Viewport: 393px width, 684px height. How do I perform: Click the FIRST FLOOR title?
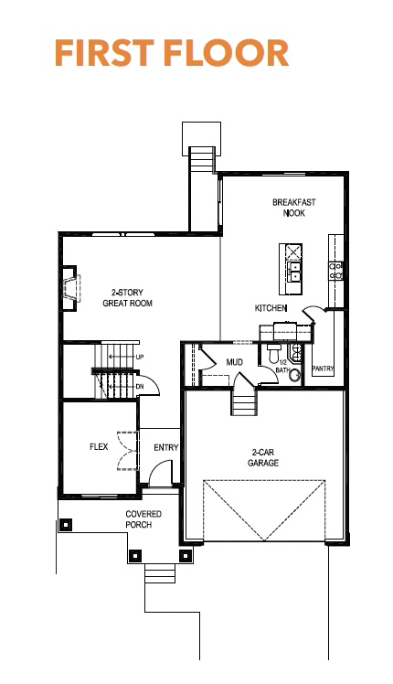172,53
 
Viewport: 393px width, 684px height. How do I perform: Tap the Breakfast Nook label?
294,208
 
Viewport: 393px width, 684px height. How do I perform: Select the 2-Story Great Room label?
127,297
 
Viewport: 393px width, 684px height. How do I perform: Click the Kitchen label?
271,308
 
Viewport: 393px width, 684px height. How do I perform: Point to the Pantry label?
324,369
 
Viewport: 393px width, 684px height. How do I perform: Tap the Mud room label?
235,362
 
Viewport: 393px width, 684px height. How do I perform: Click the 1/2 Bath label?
282,367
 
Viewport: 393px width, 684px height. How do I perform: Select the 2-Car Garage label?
263,457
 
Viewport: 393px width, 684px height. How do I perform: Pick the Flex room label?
99,446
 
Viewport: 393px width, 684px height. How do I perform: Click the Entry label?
166,447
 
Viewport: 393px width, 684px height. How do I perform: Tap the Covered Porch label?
143,519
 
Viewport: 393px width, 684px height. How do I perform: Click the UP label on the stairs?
140,357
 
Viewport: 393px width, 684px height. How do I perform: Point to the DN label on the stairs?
140,387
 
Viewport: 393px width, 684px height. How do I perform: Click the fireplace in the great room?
69,288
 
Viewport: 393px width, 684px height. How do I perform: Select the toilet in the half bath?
273,352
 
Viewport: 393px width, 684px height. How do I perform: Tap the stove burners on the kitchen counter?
335,271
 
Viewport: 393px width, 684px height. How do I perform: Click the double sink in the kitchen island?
294,271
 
